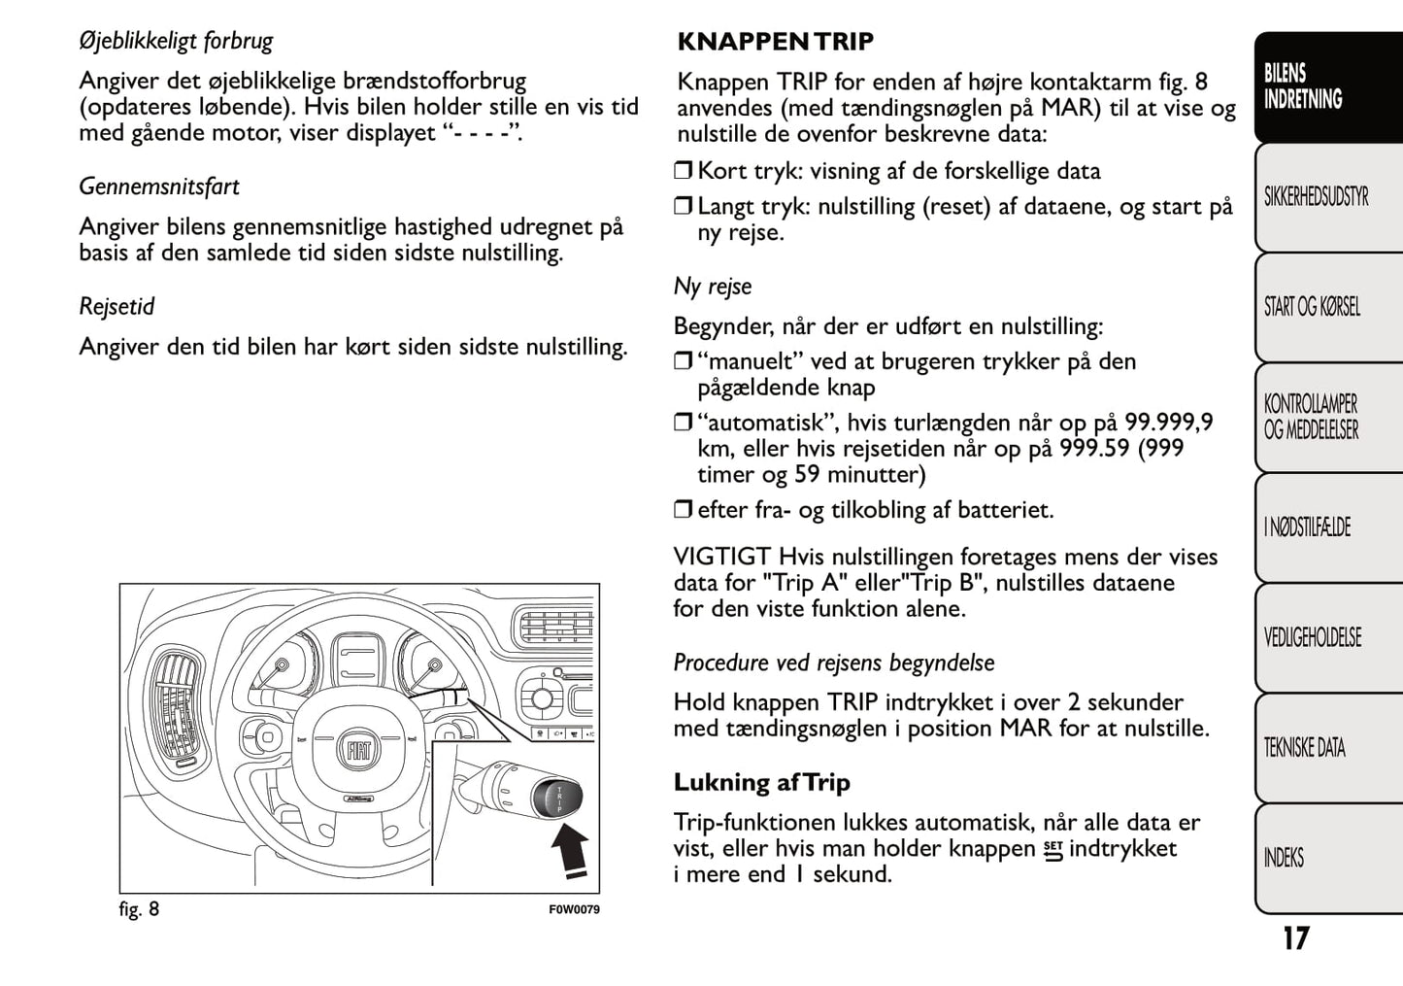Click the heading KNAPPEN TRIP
775,42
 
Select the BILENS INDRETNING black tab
1303,86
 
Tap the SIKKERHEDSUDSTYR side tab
1316,197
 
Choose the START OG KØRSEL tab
1312,307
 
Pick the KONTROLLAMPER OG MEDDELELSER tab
1311,417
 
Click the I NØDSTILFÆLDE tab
1307,527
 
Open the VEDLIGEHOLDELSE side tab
1312,637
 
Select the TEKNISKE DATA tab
1304,747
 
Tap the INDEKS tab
1284,858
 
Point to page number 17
1295,938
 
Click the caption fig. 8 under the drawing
139,909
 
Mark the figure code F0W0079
574,910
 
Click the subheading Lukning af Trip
761,783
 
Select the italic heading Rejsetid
117,307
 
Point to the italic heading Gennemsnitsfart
159,187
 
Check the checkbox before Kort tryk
684,172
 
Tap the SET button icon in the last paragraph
1052,850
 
